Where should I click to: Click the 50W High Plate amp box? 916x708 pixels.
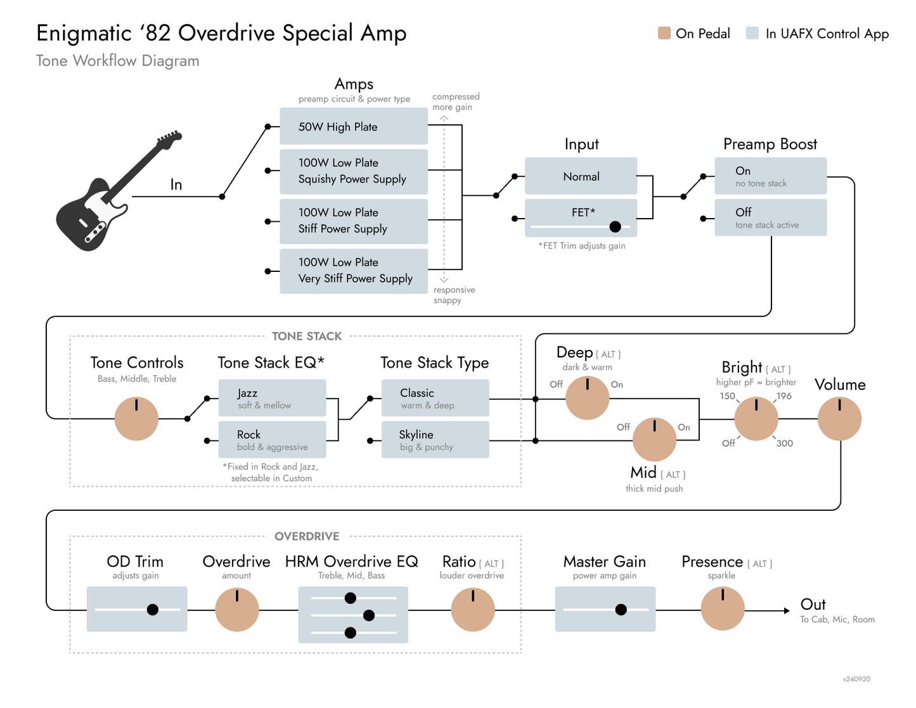click(x=354, y=126)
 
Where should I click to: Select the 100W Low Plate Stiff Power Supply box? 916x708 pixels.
click(x=354, y=221)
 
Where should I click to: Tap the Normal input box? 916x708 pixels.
click(x=581, y=176)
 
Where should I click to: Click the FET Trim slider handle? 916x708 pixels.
click(x=615, y=226)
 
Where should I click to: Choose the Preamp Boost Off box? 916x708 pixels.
click(x=770, y=217)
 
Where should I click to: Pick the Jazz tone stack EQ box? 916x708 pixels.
click(x=272, y=397)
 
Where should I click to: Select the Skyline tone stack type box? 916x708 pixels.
click(x=435, y=439)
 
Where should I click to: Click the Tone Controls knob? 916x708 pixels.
click(x=136, y=419)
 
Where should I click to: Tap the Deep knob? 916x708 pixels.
click(x=587, y=397)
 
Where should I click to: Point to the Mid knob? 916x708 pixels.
click(x=654, y=439)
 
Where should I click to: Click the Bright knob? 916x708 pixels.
click(x=756, y=419)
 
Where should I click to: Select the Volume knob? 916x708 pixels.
click(x=839, y=419)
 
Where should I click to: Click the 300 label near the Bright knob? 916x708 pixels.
click(x=785, y=444)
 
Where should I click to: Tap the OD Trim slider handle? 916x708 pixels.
click(x=153, y=610)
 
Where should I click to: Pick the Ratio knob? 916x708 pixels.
click(x=473, y=610)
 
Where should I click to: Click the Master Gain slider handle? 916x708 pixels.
click(x=621, y=610)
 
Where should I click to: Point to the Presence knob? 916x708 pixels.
click(x=723, y=608)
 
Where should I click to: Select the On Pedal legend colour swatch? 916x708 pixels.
click(x=664, y=34)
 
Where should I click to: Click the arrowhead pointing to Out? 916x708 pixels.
click(x=786, y=610)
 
